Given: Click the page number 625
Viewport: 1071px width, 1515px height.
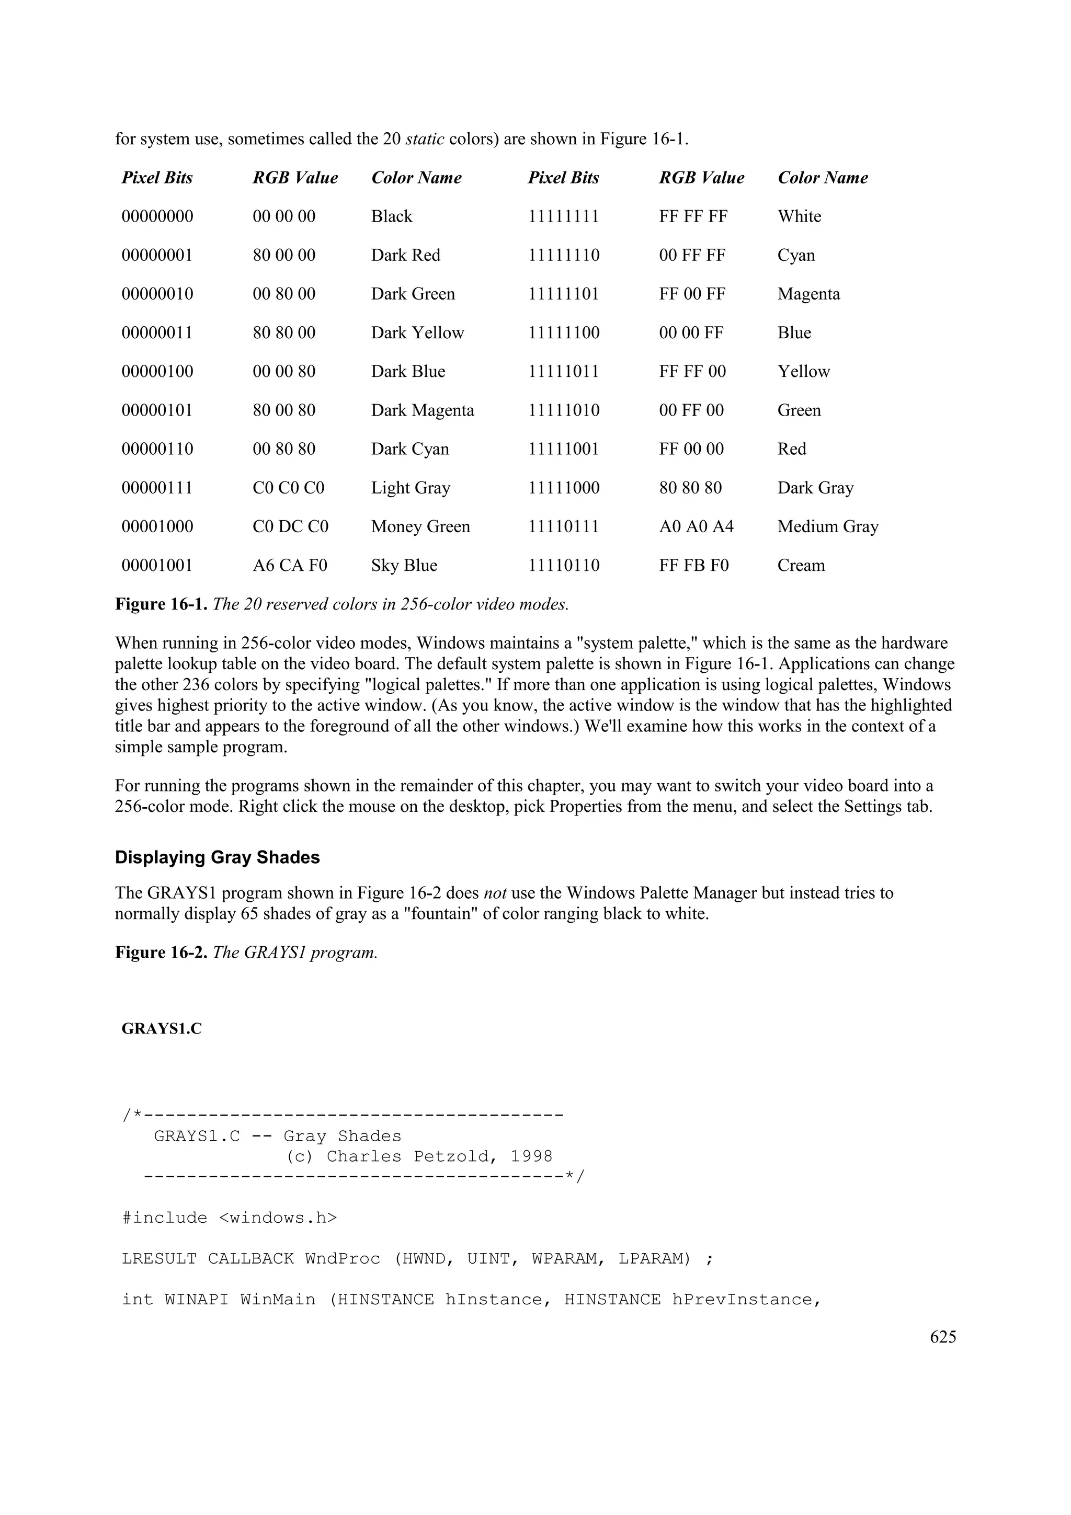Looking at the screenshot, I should tap(942, 1337).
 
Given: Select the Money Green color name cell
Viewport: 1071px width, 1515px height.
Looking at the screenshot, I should tap(420, 526).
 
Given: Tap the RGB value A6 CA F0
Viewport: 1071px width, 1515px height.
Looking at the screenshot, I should tap(290, 566).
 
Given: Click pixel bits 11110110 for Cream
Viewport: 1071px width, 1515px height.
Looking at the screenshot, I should tap(564, 566).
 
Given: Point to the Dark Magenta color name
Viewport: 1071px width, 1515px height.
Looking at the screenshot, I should tap(423, 410).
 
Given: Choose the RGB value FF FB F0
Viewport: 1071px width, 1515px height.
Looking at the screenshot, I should tap(693, 566).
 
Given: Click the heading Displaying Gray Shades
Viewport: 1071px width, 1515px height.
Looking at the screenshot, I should tap(217, 857).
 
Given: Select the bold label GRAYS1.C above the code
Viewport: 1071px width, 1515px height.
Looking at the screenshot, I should tap(162, 1029).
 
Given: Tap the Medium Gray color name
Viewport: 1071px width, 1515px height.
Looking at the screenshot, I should tap(827, 526).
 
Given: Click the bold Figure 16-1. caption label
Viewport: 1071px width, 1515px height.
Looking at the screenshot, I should tap(162, 604).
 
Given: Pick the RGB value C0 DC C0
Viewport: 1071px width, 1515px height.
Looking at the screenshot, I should tap(290, 526).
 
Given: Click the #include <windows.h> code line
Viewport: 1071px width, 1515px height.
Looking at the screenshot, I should tap(229, 1218).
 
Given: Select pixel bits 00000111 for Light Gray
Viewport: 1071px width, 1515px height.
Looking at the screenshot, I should tap(157, 488).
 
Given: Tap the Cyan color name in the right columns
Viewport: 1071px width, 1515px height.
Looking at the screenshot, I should tap(796, 255).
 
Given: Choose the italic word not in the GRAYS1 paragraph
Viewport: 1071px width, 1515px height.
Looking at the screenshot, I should tap(495, 893).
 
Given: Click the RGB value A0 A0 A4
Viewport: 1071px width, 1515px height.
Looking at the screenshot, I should tap(696, 526).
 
